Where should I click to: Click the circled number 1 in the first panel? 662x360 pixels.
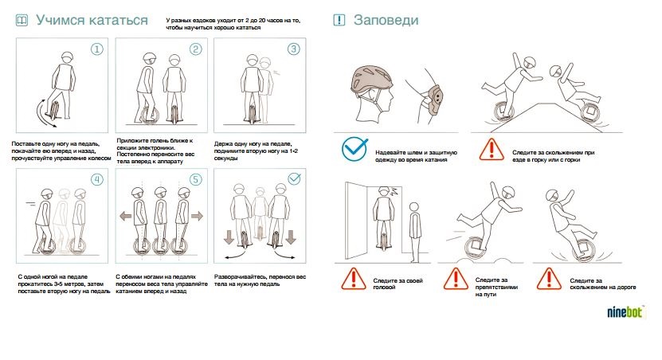[97, 49]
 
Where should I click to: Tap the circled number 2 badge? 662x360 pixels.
[195, 49]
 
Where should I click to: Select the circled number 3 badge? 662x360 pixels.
[294, 49]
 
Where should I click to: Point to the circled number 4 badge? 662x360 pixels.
[97, 179]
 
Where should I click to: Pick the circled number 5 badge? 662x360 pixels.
[195, 179]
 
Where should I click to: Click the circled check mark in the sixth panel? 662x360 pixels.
[294, 179]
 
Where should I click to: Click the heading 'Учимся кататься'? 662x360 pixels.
[92, 20]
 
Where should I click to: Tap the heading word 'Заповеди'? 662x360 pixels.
[386, 20]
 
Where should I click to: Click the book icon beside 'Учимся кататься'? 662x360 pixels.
[22, 20]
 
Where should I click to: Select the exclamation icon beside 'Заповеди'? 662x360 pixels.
[339, 20]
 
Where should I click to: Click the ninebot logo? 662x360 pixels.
[625, 312]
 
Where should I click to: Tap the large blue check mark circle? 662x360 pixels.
[354, 149]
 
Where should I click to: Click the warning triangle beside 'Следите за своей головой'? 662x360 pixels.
[354, 279]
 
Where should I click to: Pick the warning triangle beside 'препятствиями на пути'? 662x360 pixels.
[456, 279]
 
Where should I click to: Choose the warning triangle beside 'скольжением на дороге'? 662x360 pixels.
[549, 279]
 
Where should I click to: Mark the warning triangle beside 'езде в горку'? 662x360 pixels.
[492, 150]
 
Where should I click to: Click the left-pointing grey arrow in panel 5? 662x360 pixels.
[126, 216]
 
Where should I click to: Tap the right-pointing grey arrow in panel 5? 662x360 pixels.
[197, 216]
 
